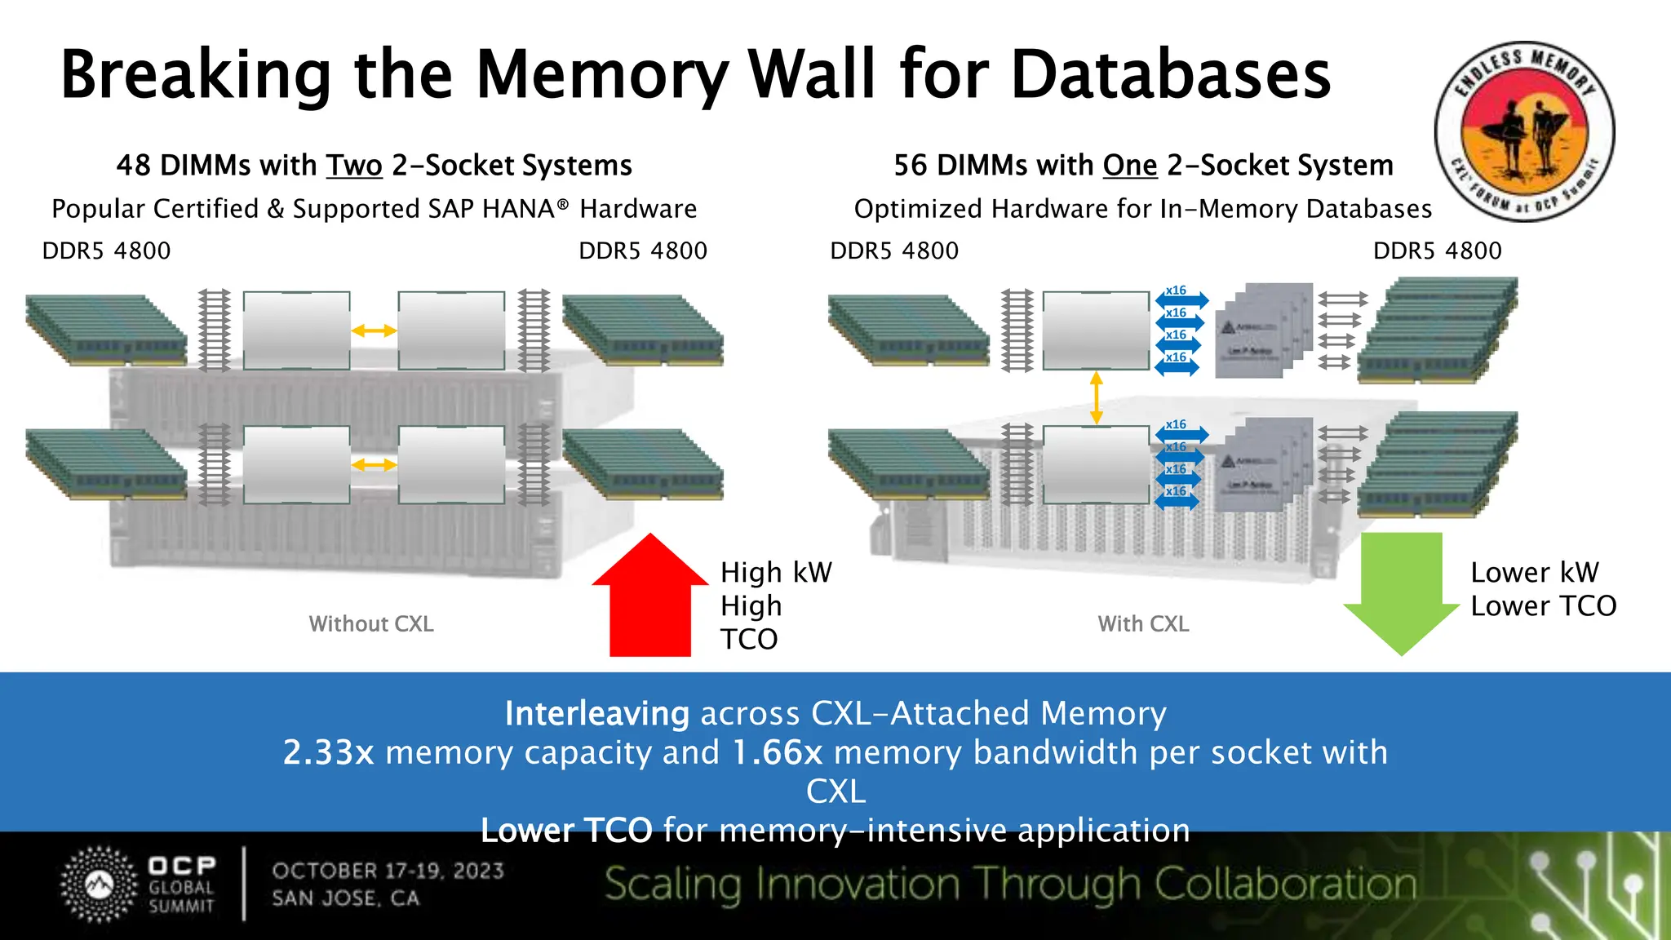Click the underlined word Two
click(x=354, y=166)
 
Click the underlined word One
click(x=1129, y=166)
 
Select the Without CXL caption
click(x=371, y=624)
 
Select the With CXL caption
click(x=1143, y=624)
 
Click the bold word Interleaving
click(x=596, y=714)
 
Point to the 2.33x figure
click(x=328, y=752)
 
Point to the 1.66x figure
click(x=778, y=752)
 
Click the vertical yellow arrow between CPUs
click(x=1097, y=398)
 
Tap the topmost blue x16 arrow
click(x=1181, y=299)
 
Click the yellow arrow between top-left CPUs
click(x=374, y=330)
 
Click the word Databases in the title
click(x=1171, y=75)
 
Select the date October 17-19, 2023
click(x=388, y=871)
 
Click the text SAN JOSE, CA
click(x=346, y=898)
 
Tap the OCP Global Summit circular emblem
click(x=100, y=885)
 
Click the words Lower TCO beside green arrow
click(x=1543, y=606)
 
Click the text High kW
click(x=776, y=573)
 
